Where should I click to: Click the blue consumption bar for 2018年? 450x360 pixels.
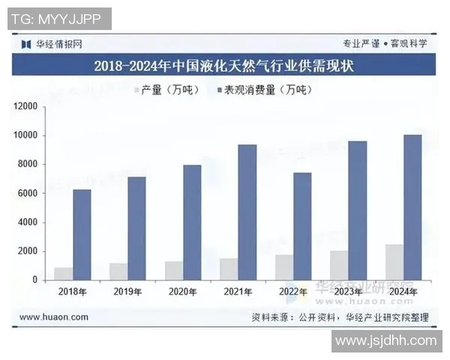[82, 235]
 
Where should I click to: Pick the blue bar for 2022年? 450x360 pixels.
[302, 226]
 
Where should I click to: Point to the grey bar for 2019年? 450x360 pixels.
[118, 271]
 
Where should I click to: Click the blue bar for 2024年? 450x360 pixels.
[412, 208]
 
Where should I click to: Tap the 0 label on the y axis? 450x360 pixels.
[34, 280]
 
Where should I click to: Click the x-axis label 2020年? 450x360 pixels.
[183, 292]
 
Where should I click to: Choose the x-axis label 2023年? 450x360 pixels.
[349, 292]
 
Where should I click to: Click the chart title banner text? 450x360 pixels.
[224, 66]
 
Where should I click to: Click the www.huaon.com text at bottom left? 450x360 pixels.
[53, 317]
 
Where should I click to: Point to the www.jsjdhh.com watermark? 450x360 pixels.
[385, 341]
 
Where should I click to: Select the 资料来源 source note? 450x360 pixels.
[340, 317]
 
